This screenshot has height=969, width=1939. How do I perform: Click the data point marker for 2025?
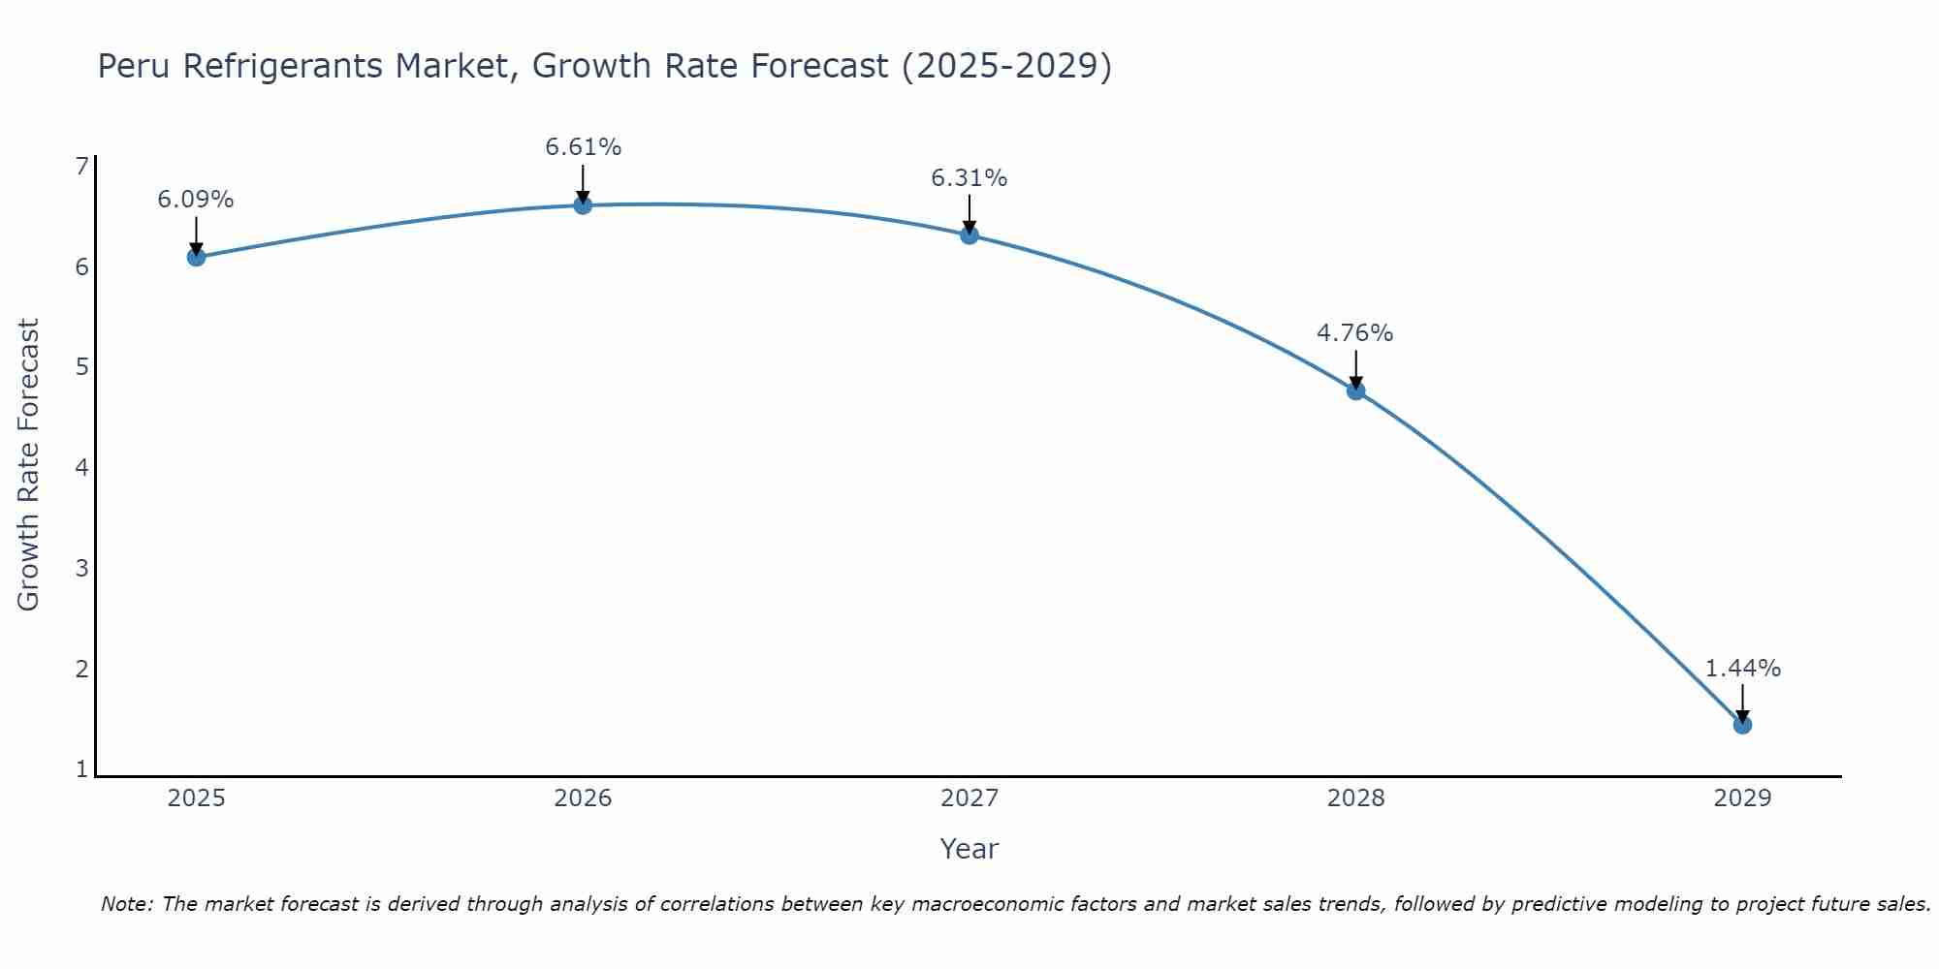coord(196,257)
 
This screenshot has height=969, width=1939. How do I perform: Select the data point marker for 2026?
coord(583,204)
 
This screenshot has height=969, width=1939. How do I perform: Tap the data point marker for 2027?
coord(969,234)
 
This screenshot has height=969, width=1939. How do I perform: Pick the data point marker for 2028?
coord(1355,391)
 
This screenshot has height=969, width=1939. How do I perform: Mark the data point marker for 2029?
coord(1742,725)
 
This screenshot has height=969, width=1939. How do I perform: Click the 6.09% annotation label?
coord(196,200)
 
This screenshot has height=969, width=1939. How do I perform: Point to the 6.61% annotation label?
coord(583,147)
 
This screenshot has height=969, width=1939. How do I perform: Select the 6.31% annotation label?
coord(969,178)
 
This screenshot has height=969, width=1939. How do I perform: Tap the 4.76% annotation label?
coord(1355,333)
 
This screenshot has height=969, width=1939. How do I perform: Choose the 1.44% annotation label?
coord(1742,669)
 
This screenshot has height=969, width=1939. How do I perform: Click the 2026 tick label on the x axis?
coord(583,798)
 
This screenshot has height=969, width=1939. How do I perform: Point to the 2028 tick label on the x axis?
coord(1355,798)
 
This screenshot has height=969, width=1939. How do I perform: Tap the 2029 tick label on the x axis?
coord(1742,798)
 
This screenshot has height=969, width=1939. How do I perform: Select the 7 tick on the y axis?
coord(82,167)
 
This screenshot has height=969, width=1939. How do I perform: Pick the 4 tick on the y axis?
coord(82,468)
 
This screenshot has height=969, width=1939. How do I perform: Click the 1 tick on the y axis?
coord(82,769)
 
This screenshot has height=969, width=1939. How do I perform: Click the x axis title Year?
coord(969,849)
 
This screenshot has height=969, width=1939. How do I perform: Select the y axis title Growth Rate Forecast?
coord(29,465)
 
